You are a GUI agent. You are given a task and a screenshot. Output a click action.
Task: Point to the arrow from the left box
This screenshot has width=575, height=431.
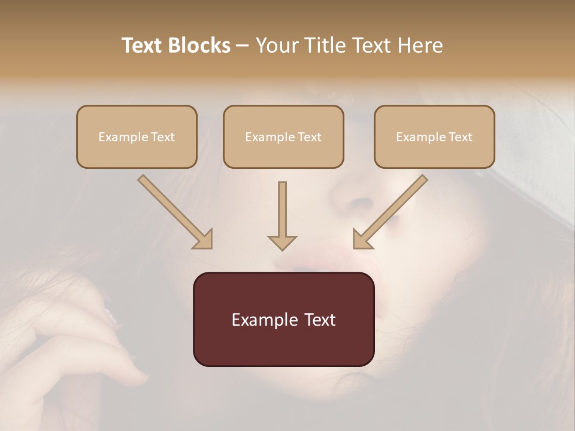[174, 211]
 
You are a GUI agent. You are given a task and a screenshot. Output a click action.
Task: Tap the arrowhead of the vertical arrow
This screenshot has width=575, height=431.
[282, 242]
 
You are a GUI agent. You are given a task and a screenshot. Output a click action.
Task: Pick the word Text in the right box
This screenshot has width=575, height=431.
[461, 137]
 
